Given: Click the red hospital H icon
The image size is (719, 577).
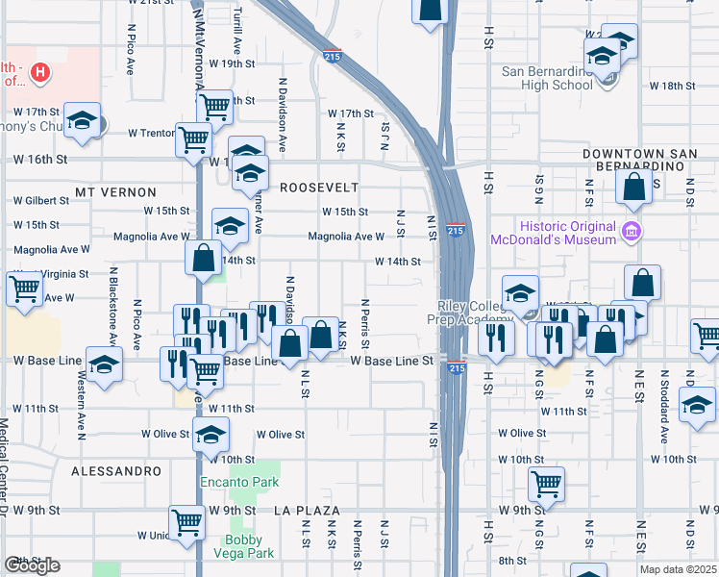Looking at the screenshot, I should pos(39,71).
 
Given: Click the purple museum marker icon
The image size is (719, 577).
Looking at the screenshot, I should pos(631,231).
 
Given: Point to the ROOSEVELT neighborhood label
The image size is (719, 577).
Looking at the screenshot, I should pos(318,188).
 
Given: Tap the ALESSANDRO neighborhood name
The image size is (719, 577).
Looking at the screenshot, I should pos(116,471).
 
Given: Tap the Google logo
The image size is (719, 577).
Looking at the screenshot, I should pos(32,565).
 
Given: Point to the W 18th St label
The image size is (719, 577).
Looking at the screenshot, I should pos(672,87).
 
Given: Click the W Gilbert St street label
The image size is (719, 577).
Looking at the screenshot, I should pos(40,201).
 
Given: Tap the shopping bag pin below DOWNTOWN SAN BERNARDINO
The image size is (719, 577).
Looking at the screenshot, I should pos(634,188).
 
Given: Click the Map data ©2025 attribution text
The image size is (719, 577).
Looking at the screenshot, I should pos(678,570).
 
